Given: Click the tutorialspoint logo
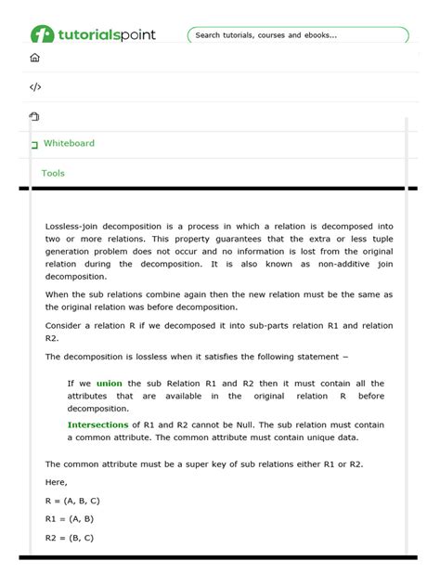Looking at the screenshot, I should point(93,34).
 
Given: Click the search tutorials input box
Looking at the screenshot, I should point(297,35).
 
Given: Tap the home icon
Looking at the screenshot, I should point(35,58).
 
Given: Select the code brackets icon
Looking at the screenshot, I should point(35,87).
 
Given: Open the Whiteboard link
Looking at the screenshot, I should point(69,143).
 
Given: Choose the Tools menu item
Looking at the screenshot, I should point(53,173).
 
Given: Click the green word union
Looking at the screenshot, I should point(109,383).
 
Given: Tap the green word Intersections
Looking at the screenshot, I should point(97,424).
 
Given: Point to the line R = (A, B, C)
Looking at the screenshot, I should point(72,501).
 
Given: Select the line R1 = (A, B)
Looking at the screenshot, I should point(69,518).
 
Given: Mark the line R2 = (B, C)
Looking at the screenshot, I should point(69,537).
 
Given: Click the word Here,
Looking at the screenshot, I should point(56,482).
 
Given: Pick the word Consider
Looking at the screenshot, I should point(65,326).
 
